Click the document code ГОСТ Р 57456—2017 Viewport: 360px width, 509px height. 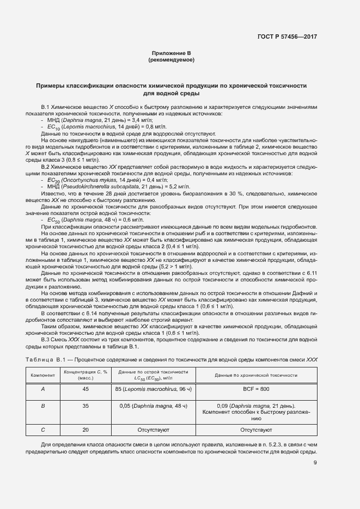pos(287,36)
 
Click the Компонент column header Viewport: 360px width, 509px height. pos(43,376)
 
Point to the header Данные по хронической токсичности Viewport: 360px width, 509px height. pos(256,376)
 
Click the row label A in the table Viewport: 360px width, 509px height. pos(43,389)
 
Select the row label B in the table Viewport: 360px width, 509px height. pos(43,406)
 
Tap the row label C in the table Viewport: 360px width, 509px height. pos(43,430)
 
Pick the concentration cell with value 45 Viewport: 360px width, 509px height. pos(86,389)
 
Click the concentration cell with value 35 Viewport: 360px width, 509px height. pos(86,406)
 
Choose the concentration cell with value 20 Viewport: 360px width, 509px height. pos(86,430)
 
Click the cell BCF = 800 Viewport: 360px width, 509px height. pos(256,389)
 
